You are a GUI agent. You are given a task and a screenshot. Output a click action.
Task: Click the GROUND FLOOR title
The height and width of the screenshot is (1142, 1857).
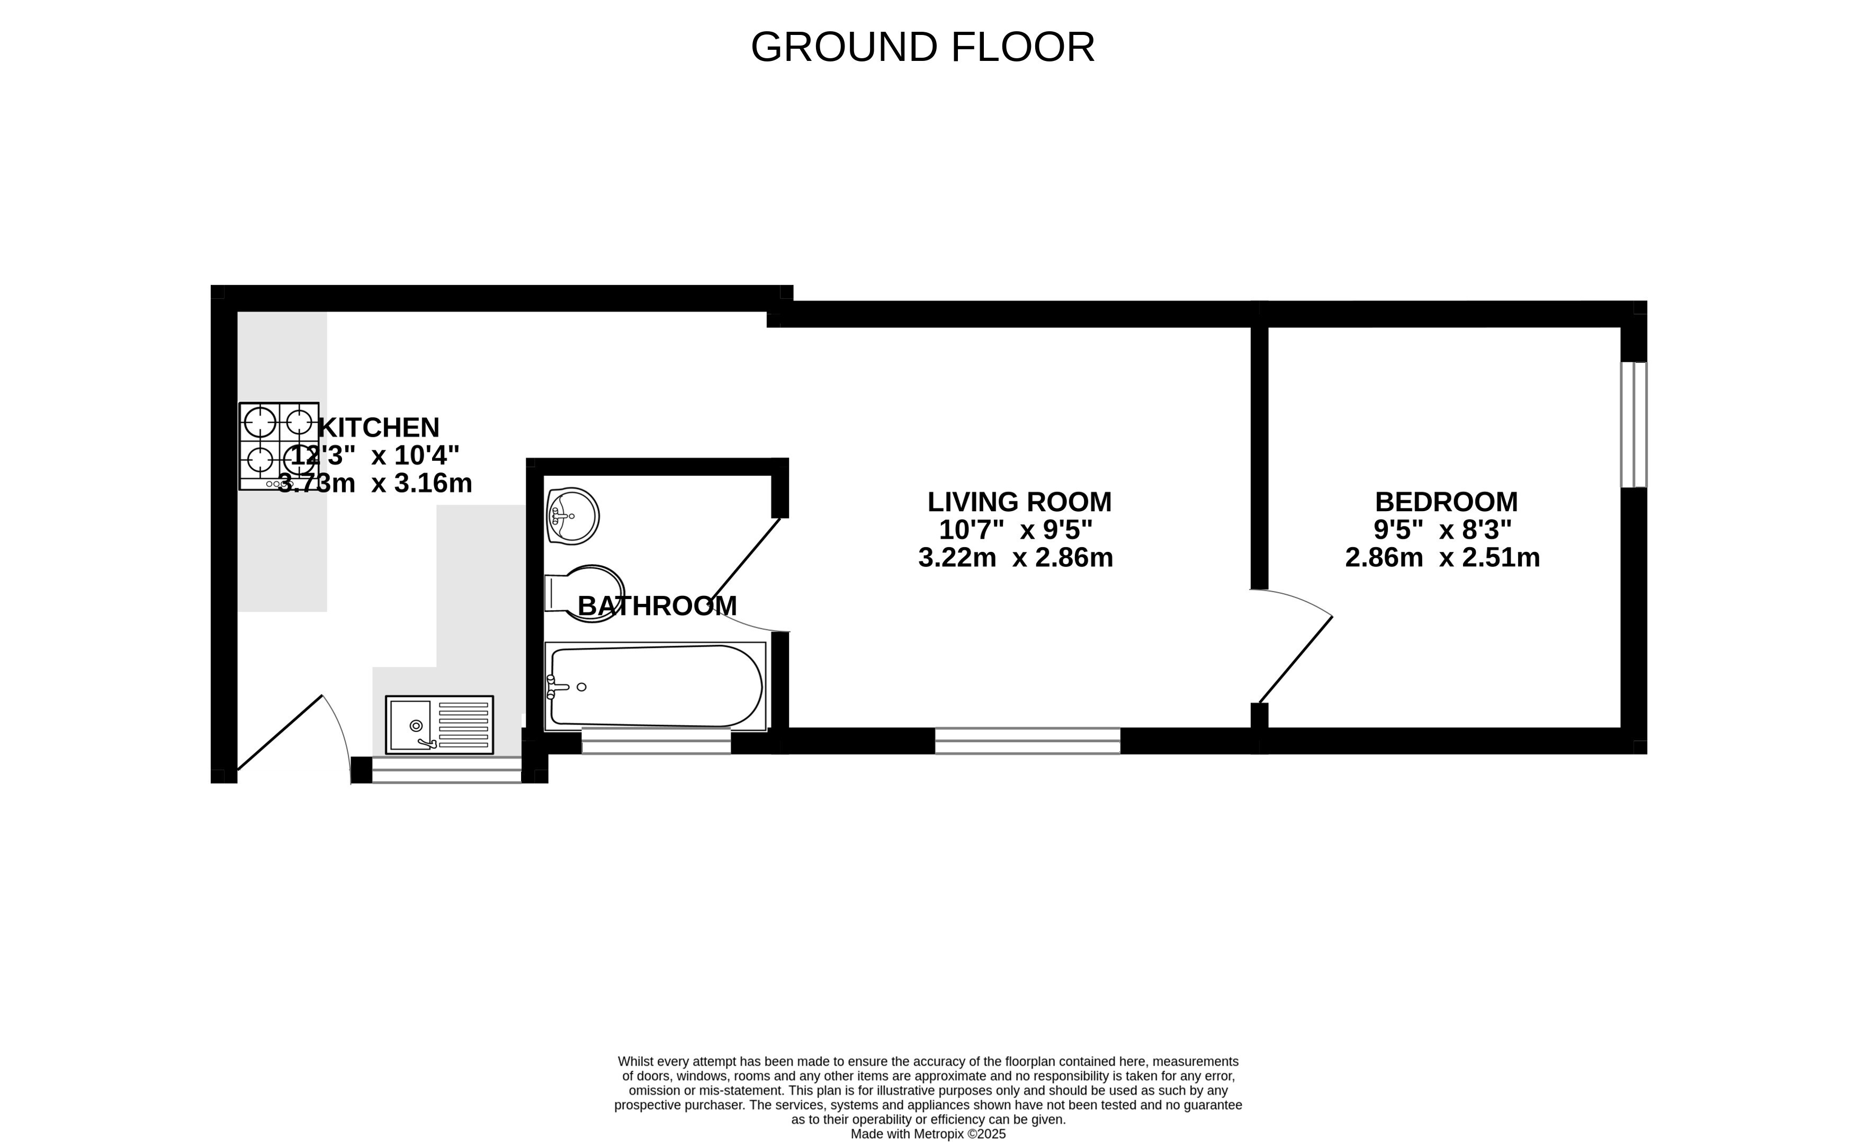tap(922, 47)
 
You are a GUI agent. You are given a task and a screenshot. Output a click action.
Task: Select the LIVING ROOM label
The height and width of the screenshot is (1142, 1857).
tap(1019, 502)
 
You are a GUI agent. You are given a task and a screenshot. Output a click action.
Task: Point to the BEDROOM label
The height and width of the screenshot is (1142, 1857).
tap(1446, 502)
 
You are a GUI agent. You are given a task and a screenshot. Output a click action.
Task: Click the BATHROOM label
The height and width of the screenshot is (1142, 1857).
tap(657, 606)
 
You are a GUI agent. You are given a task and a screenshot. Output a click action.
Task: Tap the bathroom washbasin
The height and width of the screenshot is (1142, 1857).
tap(572, 516)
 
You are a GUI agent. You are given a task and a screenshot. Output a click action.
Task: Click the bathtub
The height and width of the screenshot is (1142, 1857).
tap(655, 686)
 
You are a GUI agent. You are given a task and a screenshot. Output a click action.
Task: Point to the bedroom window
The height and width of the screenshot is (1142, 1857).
tap(1634, 424)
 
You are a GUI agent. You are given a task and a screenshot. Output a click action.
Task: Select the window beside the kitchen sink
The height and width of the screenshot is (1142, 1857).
tap(447, 770)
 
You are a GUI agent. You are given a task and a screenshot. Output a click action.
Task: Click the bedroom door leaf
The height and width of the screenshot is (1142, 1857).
tap(1295, 660)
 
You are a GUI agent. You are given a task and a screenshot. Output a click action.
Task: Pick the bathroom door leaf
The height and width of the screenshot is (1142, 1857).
tap(746, 558)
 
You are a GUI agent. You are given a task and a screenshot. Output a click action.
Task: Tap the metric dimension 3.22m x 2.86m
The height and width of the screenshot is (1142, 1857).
tap(1015, 557)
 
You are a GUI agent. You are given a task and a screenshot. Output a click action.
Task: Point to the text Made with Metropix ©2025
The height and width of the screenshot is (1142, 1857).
tap(929, 1134)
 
